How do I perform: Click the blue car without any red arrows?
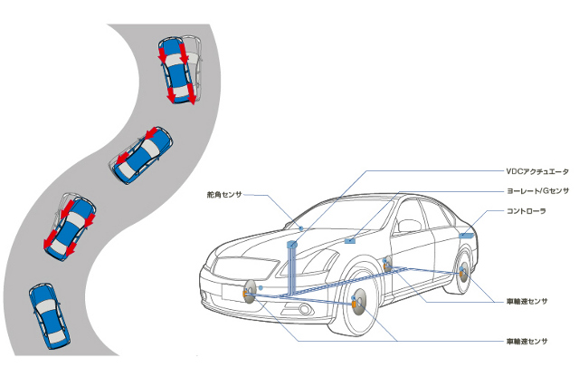48,313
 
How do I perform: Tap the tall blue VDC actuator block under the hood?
291,268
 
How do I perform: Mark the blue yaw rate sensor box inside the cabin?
350,241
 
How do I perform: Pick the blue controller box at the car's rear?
466,234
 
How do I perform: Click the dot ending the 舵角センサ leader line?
300,229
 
